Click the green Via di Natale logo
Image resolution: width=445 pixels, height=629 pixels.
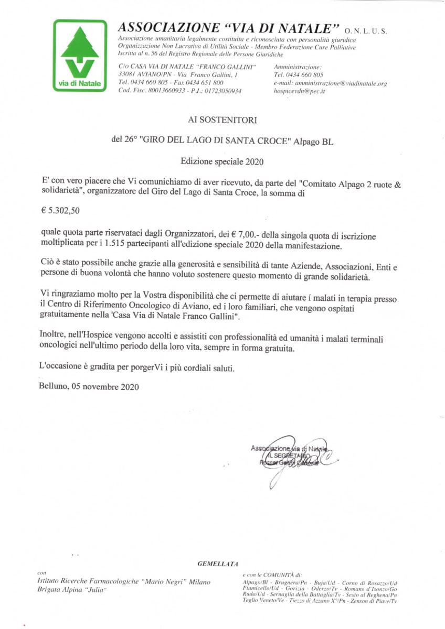coord(80,56)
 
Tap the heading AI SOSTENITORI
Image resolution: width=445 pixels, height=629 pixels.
coord(222,120)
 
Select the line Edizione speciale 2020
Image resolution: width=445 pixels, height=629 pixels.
coord(222,161)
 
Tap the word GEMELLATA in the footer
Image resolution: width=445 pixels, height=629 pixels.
coord(217,564)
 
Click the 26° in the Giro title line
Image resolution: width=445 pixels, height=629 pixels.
coord(128,140)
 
